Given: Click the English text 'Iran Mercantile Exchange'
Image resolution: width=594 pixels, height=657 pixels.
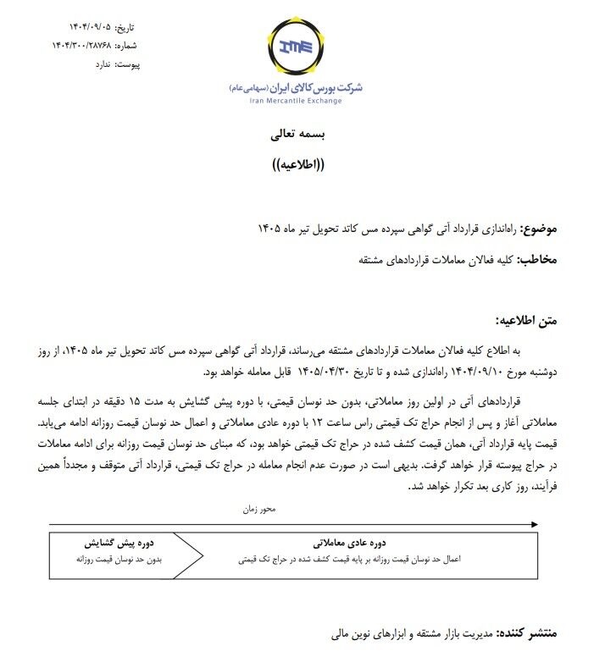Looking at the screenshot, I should tap(296, 101).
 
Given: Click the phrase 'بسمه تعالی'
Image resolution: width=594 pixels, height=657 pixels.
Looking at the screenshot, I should tap(297, 134).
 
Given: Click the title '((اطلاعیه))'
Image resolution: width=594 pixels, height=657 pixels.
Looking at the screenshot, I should tap(297, 164).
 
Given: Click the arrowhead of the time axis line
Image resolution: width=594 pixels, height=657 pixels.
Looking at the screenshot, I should tap(533, 524).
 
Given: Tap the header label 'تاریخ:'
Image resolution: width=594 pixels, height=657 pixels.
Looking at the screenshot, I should tap(124, 29).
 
